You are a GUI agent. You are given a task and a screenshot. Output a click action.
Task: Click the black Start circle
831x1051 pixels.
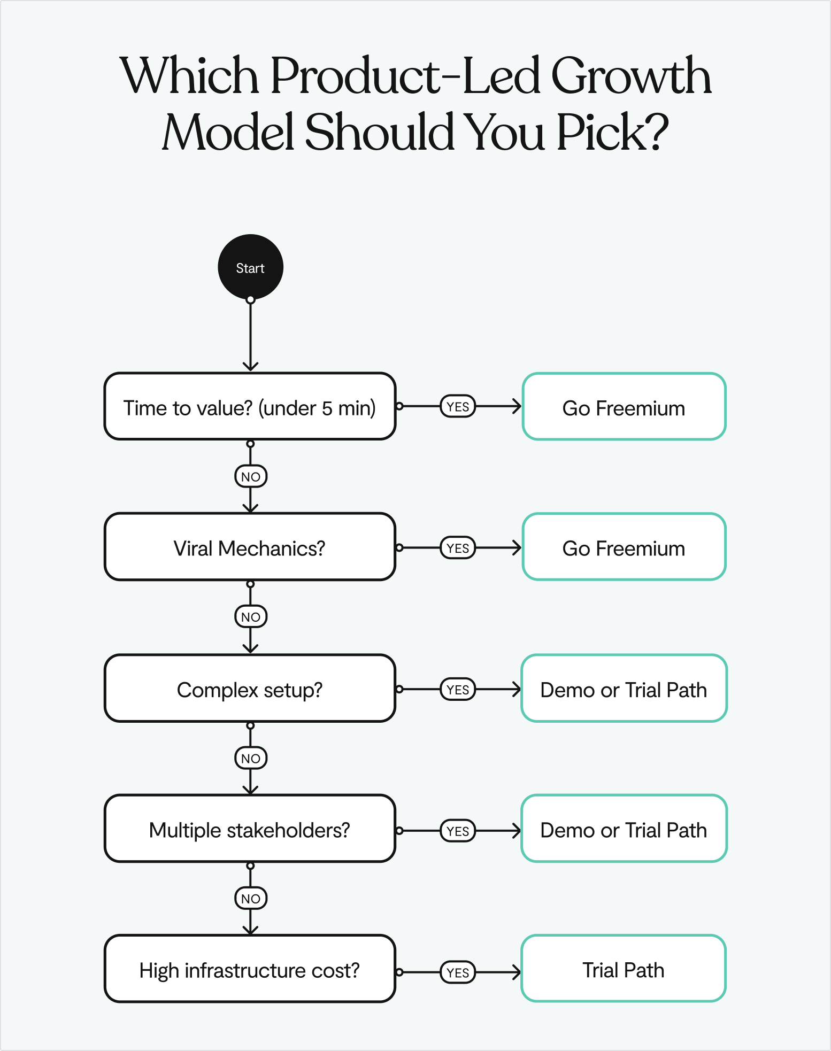click(x=250, y=267)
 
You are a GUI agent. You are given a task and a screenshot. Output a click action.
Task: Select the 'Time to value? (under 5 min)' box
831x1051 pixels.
click(x=250, y=407)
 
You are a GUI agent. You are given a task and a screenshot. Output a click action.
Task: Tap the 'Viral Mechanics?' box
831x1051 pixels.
click(x=250, y=547)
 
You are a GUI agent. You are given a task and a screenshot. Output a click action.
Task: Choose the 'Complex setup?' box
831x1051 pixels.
click(x=250, y=689)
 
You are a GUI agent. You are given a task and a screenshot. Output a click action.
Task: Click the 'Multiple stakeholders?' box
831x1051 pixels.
click(x=250, y=829)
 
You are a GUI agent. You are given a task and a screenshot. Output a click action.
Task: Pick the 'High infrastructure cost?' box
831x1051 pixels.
click(x=250, y=969)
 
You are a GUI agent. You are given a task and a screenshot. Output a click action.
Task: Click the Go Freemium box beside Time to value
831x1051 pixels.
click(x=624, y=407)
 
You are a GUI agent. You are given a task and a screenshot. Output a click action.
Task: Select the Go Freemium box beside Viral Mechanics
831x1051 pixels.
click(x=624, y=547)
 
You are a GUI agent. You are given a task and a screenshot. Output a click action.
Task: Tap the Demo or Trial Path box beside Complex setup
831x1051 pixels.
click(x=624, y=689)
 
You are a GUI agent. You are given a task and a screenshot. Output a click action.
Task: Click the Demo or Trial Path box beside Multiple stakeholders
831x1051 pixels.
click(x=624, y=829)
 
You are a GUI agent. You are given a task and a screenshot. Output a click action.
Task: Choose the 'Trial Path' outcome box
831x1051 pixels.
click(x=624, y=969)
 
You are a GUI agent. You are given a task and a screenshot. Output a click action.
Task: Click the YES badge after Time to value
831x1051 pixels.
click(x=458, y=407)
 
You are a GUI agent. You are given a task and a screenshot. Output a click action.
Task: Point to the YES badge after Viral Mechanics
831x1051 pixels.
click(x=458, y=548)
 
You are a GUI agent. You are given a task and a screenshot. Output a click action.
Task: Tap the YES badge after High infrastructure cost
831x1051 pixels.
click(x=458, y=972)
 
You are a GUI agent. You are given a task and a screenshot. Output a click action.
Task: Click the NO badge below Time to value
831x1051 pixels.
click(x=251, y=476)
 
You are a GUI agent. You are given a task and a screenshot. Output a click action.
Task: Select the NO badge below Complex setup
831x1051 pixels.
click(x=251, y=758)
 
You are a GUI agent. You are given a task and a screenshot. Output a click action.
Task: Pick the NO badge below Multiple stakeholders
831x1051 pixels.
click(x=251, y=899)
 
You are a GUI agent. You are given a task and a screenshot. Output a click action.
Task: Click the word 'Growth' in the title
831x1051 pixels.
click(x=631, y=76)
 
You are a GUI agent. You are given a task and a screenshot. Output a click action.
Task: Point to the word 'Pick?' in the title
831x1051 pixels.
click(x=612, y=132)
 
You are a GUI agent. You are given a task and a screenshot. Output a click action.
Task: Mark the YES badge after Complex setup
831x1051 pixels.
click(x=458, y=690)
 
